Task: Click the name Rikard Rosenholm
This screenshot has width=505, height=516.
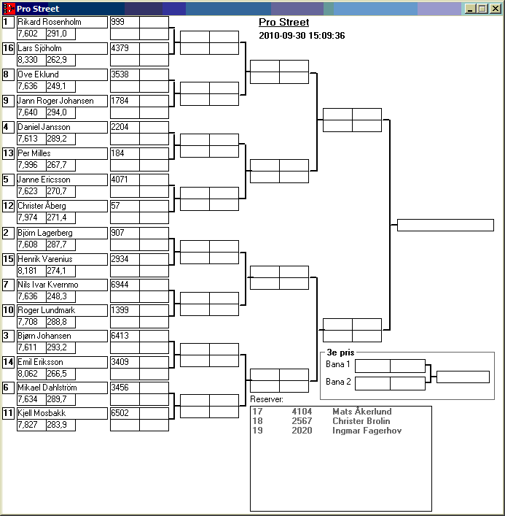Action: [49, 22]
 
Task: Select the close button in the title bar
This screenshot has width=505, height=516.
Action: [495, 8]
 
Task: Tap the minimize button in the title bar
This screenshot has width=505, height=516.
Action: [470, 8]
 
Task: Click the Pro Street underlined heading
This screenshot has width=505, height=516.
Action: [283, 23]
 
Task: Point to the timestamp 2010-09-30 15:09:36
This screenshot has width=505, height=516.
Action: [302, 35]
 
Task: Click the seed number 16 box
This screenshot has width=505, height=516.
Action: [9, 48]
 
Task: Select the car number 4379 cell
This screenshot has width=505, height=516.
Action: [124, 48]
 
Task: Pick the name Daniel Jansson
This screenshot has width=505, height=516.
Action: [44, 127]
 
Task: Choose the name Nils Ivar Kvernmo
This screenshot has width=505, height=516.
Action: [48, 285]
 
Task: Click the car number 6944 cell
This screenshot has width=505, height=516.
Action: [124, 285]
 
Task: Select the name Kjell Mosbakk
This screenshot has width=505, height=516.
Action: [42, 413]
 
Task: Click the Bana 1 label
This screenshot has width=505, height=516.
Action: [338, 364]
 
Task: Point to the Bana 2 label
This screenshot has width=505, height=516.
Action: [338, 382]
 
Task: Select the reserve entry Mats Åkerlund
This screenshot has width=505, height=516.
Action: [361, 412]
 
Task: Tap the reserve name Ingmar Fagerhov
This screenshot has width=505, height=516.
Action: [367, 431]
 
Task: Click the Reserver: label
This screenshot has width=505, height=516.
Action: [266, 399]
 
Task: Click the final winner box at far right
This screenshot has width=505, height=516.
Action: [445, 225]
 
